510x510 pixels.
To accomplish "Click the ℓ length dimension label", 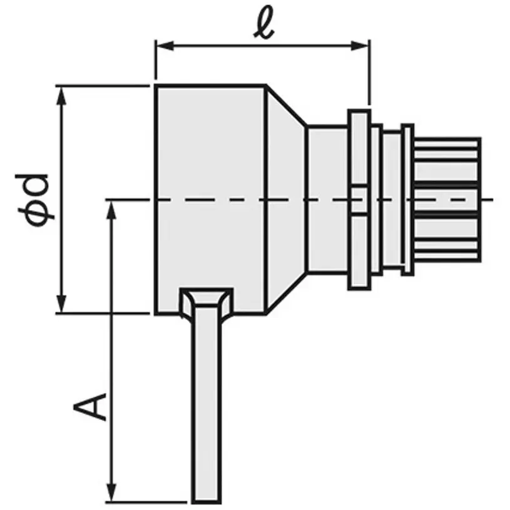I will [x=264, y=25].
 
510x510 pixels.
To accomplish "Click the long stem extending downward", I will [x=207, y=407].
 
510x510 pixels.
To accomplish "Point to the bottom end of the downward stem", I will [x=207, y=499].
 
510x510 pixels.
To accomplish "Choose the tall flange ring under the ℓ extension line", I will [x=359, y=150].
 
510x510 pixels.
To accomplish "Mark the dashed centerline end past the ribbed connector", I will [x=492, y=200].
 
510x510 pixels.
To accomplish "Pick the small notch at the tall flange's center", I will [x=359, y=200].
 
